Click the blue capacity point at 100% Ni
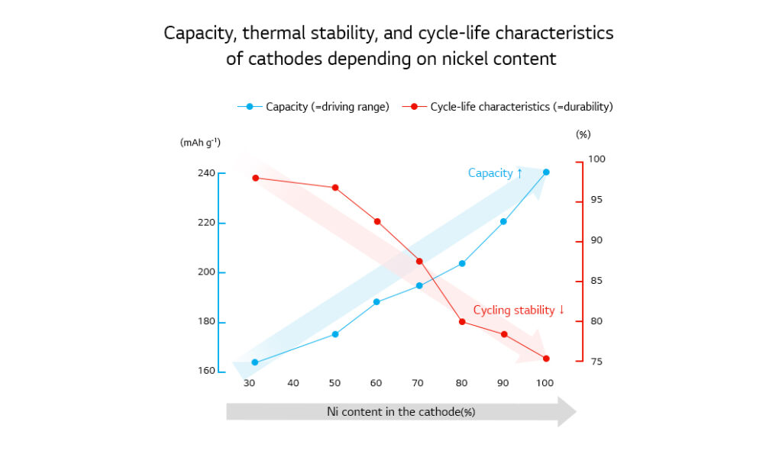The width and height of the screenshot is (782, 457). pyautogui.click(x=546, y=172)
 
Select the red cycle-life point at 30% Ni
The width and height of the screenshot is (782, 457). pyautogui.click(x=255, y=178)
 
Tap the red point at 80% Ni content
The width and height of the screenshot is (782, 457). pyautogui.click(x=462, y=321)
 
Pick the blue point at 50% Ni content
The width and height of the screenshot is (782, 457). pyautogui.click(x=335, y=334)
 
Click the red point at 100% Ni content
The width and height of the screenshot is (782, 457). pyautogui.click(x=546, y=359)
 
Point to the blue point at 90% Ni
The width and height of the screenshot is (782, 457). pyautogui.click(x=503, y=221)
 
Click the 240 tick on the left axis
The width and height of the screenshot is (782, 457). pyautogui.click(x=205, y=173)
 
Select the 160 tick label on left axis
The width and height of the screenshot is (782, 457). pyautogui.click(x=205, y=372)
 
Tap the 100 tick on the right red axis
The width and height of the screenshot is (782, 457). pyautogui.click(x=596, y=159)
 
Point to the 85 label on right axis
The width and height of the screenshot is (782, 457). pyautogui.click(x=596, y=281)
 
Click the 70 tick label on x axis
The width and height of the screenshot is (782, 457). pyautogui.click(x=418, y=382)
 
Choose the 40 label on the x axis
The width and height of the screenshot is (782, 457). pyautogui.click(x=293, y=382)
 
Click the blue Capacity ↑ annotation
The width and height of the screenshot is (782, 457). pyautogui.click(x=495, y=173)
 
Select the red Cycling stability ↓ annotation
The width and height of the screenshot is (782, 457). pyautogui.click(x=519, y=310)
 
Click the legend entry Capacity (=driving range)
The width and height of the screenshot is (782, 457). pyautogui.click(x=327, y=107)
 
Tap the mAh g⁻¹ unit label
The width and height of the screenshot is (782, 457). pyautogui.click(x=200, y=142)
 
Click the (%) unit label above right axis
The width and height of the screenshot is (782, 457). pyautogui.click(x=583, y=134)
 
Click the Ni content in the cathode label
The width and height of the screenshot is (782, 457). pyautogui.click(x=401, y=412)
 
